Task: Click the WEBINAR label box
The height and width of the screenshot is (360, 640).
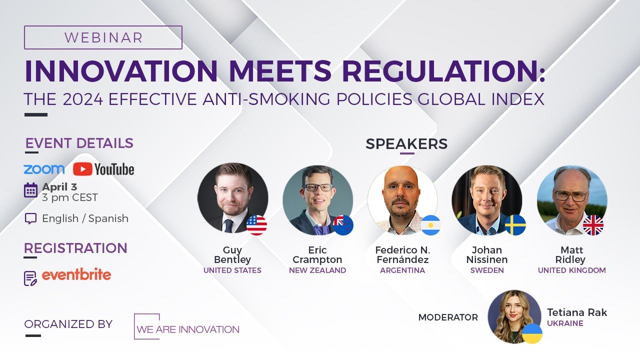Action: pyautogui.click(x=103, y=37)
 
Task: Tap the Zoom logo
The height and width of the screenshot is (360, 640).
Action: pyautogui.click(x=44, y=169)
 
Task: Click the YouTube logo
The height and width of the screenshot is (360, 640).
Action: pyautogui.click(x=103, y=169)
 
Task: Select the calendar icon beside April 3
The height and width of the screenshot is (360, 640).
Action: pyautogui.click(x=30, y=190)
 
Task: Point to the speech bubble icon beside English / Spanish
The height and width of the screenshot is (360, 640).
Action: pyautogui.click(x=30, y=218)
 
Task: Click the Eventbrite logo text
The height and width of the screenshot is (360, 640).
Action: pyautogui.click(x=76, y=274)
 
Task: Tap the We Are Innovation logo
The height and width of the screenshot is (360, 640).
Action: pyautogui.click(x=186, y=327)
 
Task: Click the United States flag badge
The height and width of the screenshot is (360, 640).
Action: pyautogui.click(x=256, y=225)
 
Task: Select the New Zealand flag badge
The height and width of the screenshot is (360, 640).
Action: pyautogui.click(x=343, y=225)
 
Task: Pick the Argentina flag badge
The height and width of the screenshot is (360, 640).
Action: pyautogui.click(x=430, y=225)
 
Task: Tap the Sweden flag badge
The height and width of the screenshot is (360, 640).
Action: pyautogui.click(x=515, y=225)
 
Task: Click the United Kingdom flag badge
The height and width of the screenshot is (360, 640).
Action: pyautogui.click(x=593, y=225)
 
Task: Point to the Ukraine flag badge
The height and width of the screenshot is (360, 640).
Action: pyautogui.click(x=532, y=333)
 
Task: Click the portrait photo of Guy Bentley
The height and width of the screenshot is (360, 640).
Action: pyautogui.click(x=232, y=197)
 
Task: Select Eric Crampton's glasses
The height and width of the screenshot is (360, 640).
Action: pyautogui.click(x=317, y=187)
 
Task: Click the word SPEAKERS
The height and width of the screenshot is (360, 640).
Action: pyautogui.click(x=406, y=144)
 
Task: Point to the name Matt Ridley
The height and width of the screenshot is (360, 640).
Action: pyautogui.click(x=571, y=254)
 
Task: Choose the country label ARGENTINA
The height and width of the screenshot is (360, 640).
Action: pyautogui.click(x=402, y=270)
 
